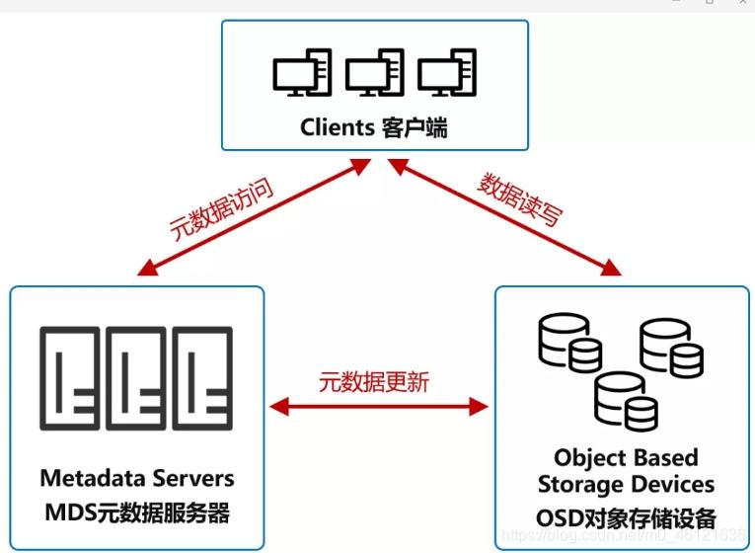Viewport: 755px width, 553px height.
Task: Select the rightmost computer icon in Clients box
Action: click(447, 74)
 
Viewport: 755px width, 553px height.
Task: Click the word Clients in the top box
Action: click(337, 127)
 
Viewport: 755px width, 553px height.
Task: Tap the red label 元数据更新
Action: click(374, 382)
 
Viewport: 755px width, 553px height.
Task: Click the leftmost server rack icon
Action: click(71, 378)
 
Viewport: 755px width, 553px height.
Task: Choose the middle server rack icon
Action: click(136, 378)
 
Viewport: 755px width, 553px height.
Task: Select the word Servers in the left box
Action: click(196, 478)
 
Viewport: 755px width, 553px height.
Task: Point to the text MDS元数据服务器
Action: click(137, 513)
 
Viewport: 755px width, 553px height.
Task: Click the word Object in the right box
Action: click(591, 458)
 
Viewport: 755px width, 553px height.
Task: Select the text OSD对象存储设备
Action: click(626, 517)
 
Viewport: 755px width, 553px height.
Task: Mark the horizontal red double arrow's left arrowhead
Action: click(277, 405)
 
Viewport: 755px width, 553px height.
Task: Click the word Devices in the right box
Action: click(676, 485)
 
